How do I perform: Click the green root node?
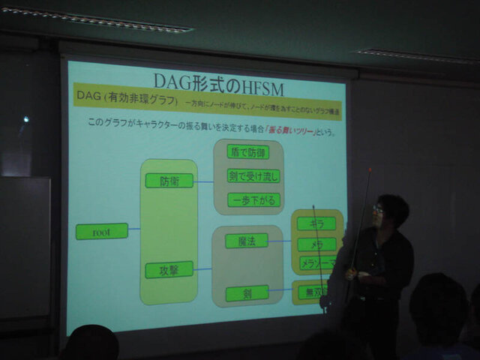click(101, 232)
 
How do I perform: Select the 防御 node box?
click(169, 181)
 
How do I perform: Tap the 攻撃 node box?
click(169, 269)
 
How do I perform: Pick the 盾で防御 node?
click(247, 151)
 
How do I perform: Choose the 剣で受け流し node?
click(252, 175)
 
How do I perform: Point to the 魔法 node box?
click(246, 241)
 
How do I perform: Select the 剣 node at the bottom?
click(247, 292)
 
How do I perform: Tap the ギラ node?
click(316, 223)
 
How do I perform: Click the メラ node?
click(316, 244)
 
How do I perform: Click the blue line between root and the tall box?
click(134, 229)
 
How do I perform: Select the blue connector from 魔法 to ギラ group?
click(280, 241)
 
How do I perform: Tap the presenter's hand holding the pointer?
click(352, 274)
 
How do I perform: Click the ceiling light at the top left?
click(97, 19)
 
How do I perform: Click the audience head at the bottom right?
click(439, 311)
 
